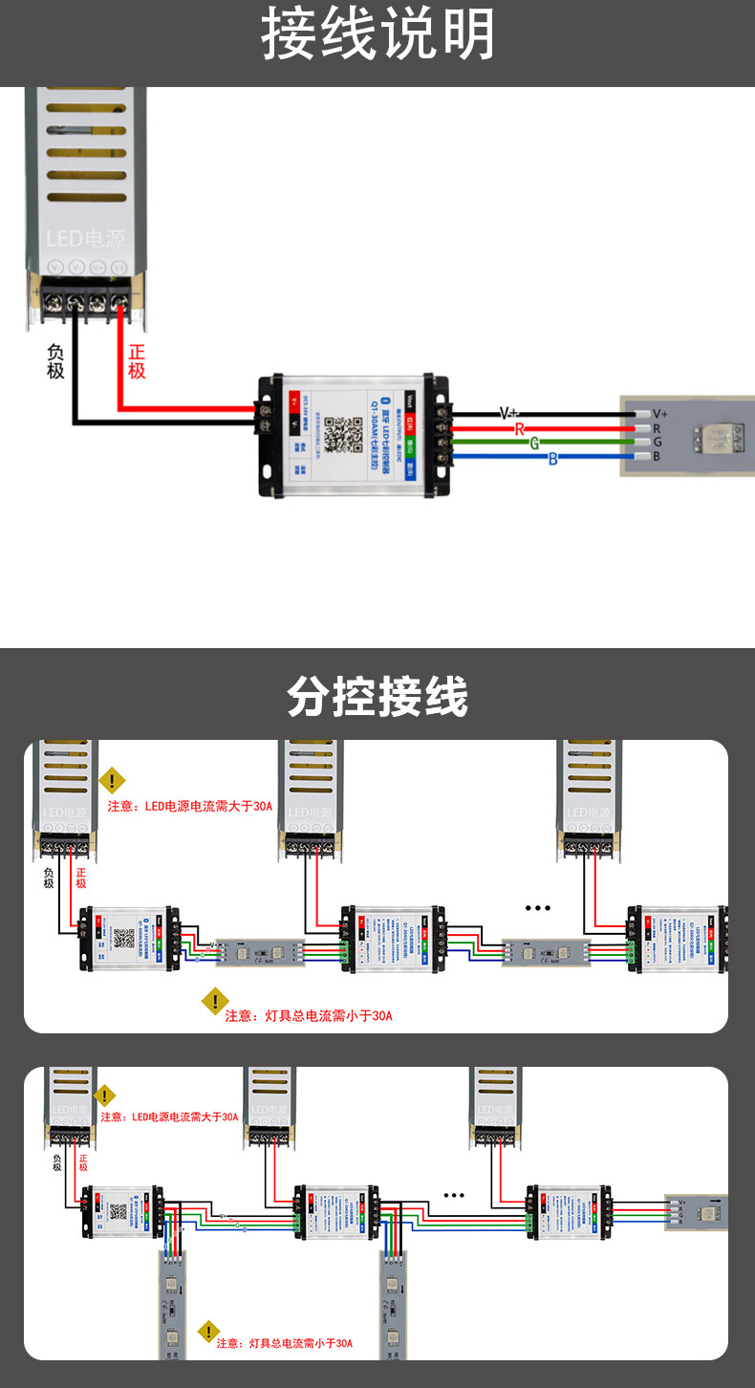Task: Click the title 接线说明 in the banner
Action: pos(377,36)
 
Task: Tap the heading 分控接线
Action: pos(377,697)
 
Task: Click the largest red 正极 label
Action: pos(137,360)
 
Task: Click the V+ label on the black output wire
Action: pos(509,414)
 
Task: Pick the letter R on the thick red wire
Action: pos(520,429)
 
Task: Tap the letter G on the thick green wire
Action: pos(534,444)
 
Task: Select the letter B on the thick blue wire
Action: pos(552,459)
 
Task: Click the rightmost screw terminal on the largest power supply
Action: pos(119,302)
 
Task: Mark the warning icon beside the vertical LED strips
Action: pos(208,1332)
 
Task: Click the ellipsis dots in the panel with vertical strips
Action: pos(454,1195)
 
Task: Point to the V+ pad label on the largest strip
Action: pos(659,414)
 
